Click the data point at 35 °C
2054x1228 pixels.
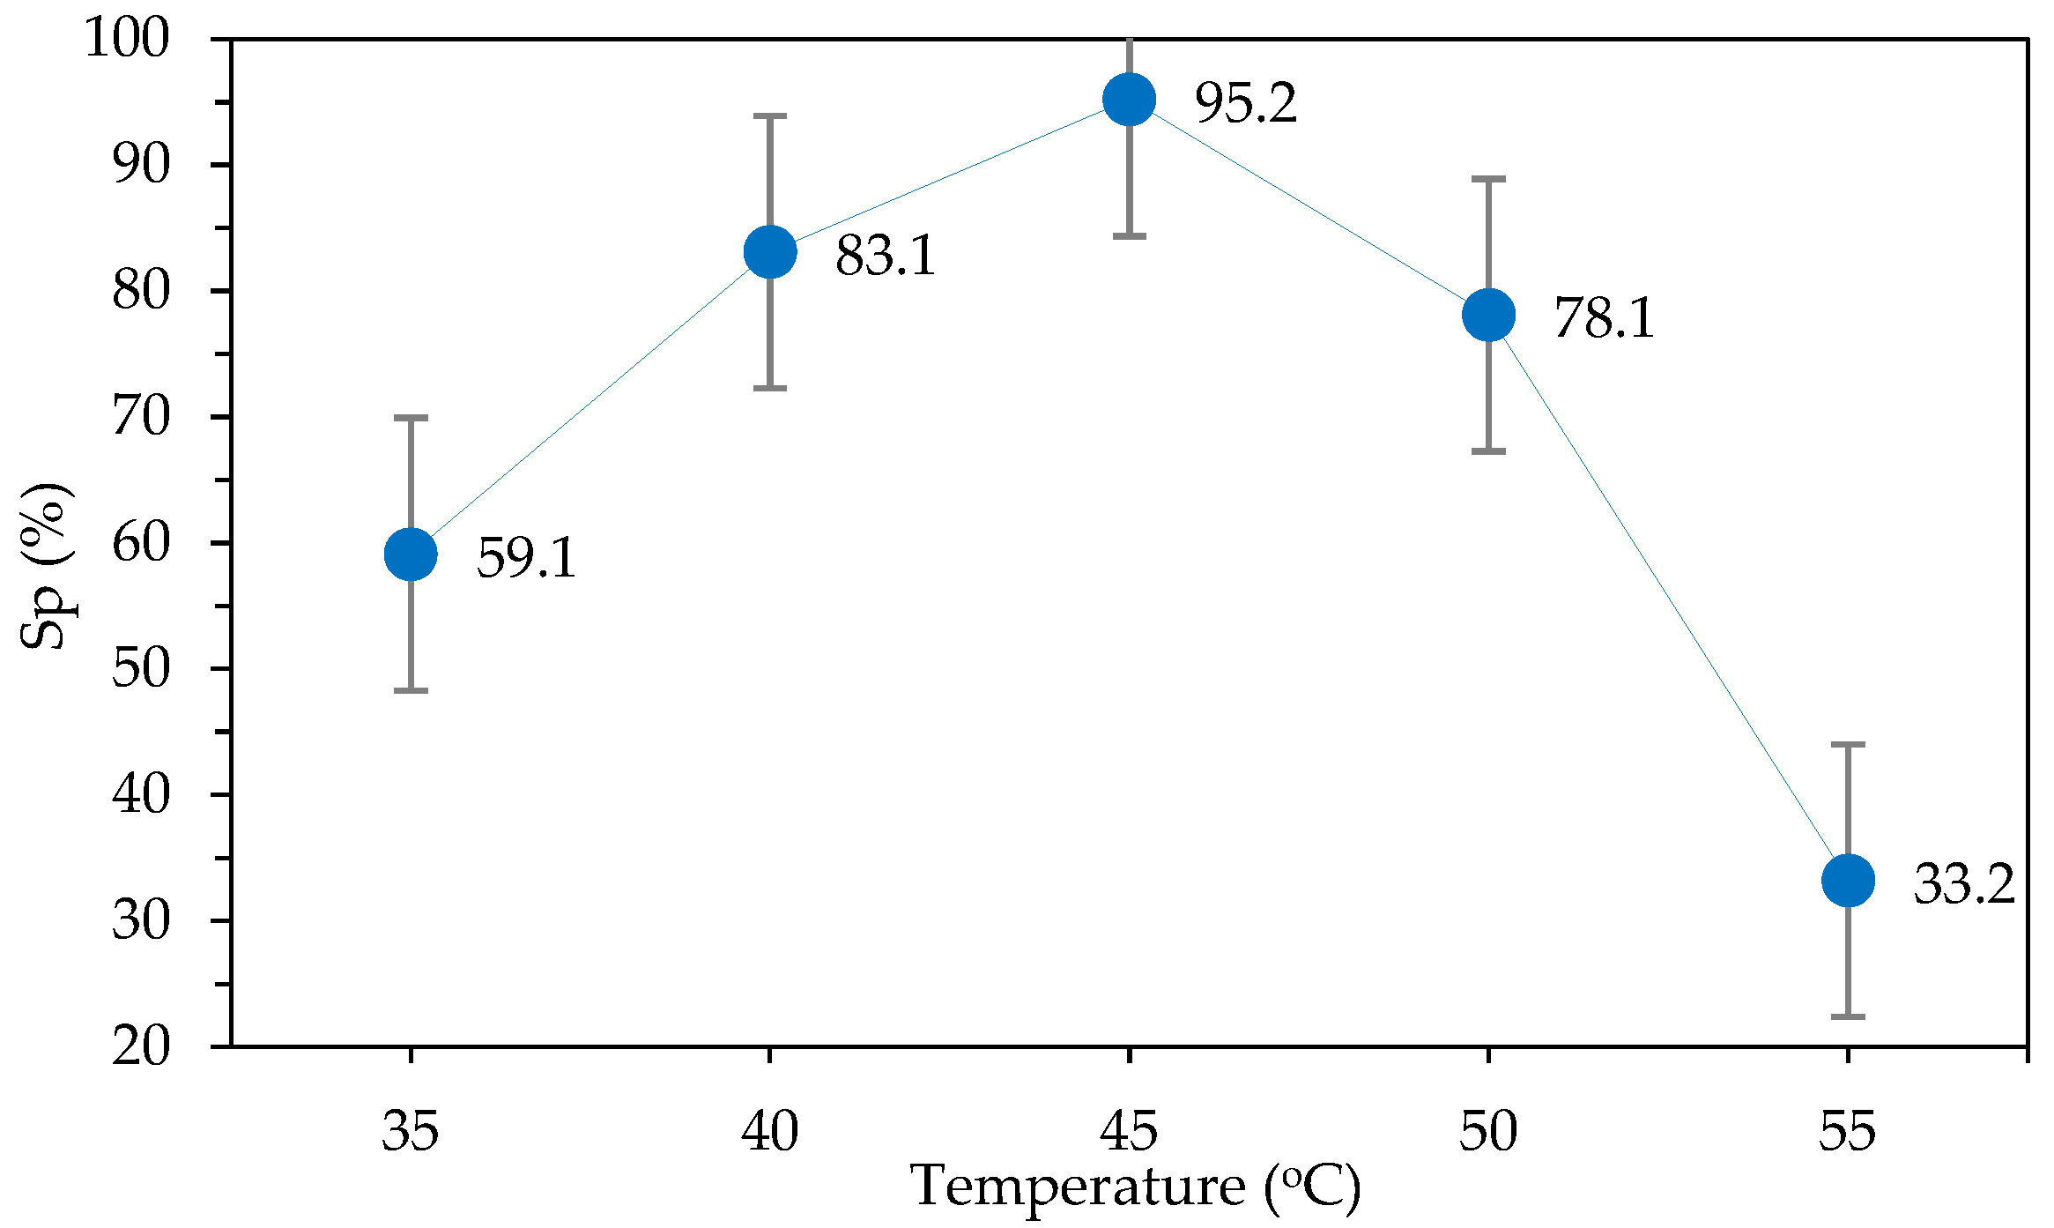coord(411,554)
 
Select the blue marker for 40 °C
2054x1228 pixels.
coord(770,251)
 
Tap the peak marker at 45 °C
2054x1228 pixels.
coord(1129,99)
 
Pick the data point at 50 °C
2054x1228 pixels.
coord(1488,315)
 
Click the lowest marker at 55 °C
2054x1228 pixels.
coord(1848,880)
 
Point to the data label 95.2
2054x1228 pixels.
coord(1245,103)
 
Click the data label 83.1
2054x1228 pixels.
coord(885,256)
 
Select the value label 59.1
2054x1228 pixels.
coord(526,558)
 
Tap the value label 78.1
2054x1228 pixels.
coord(1604,318)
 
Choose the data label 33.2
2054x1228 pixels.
coord(1964,884)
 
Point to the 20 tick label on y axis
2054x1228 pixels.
coord(141,1047)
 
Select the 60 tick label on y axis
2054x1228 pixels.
coord(141,543)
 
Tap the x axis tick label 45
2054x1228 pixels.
coord(1129,1131)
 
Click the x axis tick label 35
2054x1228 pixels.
coord(411,1131)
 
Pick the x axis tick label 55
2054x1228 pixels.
coord(1848,1131)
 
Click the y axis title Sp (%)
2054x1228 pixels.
coord(46,564)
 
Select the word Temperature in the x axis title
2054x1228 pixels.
coord(1077,1186)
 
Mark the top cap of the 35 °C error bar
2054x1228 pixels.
coord(411,418)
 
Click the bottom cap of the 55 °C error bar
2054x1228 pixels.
coord(1848,1016)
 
